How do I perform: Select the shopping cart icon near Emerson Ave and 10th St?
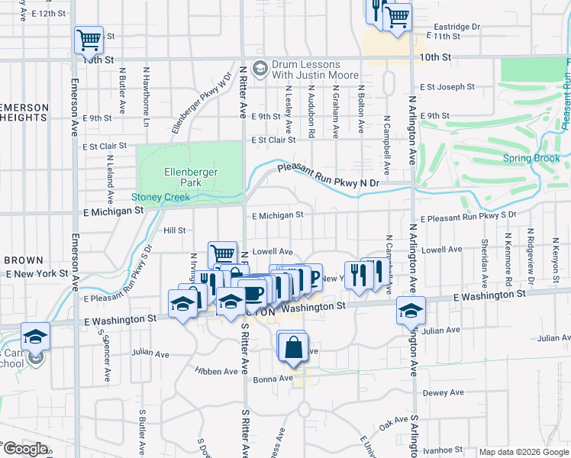coord(89,40)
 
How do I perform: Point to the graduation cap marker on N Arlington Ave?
coord(411,311)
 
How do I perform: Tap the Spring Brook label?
coord(531,159)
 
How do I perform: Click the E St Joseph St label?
coord(447,87)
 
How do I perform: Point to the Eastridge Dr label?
coord(453,26)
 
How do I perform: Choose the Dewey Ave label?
coord(443,392)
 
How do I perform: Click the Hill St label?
coord(175,230)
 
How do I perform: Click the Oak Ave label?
coord(395,421)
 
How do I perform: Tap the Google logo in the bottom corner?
coord(25,449)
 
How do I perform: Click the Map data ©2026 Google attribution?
coord(524,452)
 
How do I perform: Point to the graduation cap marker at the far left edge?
coord(35,337)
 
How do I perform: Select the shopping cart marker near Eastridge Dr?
coord(397,17)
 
